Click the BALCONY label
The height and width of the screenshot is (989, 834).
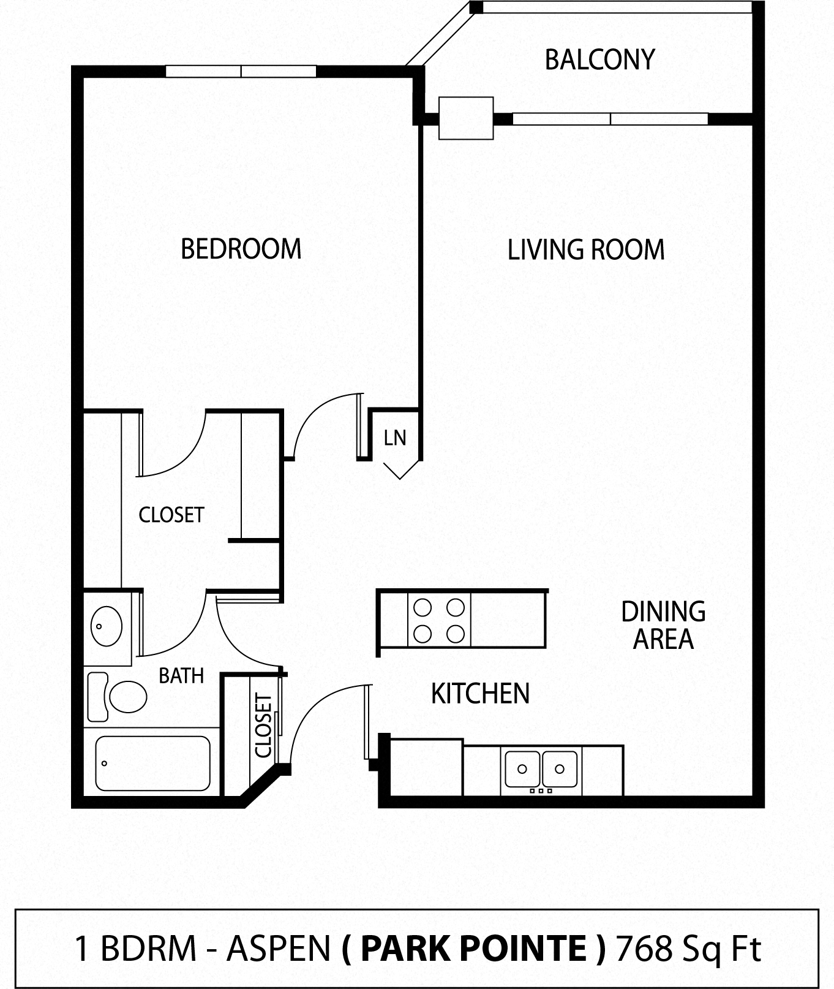pyautogui.click(x=599, y=60)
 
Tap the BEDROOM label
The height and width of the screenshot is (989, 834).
pyautogui.click(x=241, y=249)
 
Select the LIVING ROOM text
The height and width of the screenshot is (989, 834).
pyautogui.click(x=586, y=250)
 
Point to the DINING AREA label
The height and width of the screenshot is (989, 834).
pyautogui.click(x=663, y=626)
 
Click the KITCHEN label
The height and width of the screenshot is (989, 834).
pyautogui.click(x=480, y=694)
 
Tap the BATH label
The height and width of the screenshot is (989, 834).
pyautogui.click(x=181, y=676)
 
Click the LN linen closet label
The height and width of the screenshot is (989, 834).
pyautogui.click(x=395, y=438)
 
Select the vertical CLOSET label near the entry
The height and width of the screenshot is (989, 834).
pyautogui.click(x=263, y=726)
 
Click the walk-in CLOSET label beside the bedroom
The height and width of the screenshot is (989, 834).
pyautogui.click(x=171, y=515)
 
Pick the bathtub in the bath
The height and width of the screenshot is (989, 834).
pyautogui.click(x=152, y=764)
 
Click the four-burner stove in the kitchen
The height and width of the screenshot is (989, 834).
pyautogui.click(x=439, y=620)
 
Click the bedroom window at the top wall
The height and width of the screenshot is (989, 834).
pyautogui.click(x=241, y=71)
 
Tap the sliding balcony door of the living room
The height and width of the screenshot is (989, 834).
pyautogui.click(x=610, y=119)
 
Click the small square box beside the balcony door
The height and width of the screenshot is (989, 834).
pyautogui.click(x=466, y=118)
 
